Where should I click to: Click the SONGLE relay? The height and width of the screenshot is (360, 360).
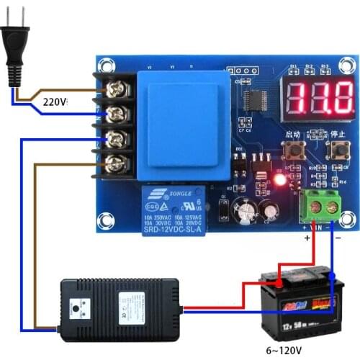click(x=174, y=210)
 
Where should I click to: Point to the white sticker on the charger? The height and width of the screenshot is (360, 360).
click(x=132, y=305)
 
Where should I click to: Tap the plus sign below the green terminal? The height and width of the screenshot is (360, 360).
click(x=307, y=236)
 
